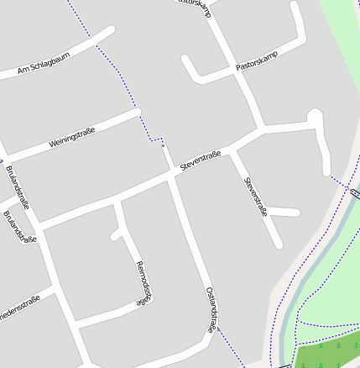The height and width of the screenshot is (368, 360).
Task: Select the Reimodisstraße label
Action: click(143, 283)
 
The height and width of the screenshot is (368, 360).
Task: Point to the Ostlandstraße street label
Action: click(215, 308)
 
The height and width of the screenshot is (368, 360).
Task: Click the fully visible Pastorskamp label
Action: click(256, 56)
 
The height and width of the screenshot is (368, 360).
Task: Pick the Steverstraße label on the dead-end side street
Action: click(255, 197)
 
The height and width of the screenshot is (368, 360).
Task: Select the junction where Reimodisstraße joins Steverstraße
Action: click(117, 202)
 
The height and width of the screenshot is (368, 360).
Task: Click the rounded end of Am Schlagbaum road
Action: click(110, 31)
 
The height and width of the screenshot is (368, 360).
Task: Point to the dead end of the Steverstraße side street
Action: click(278, 244)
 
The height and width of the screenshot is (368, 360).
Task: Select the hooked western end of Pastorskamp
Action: click(186, 60)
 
